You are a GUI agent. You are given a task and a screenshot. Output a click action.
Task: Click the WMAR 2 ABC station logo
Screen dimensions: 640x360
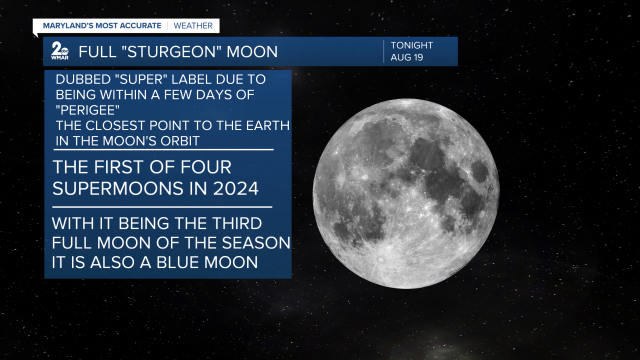59,51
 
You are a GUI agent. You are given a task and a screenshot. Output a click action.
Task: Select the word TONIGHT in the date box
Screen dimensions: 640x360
411,45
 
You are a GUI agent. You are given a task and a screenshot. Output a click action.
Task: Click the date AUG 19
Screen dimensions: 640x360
406,57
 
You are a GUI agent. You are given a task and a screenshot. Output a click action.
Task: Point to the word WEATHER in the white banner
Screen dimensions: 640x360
193,25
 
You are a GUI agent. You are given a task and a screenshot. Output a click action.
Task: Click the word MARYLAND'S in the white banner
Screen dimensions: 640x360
68,25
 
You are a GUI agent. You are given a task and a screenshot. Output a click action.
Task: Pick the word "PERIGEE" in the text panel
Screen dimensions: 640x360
87,110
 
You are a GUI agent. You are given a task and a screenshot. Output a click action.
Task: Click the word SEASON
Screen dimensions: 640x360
256,243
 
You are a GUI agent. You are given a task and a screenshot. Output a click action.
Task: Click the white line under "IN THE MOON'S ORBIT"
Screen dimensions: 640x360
163,149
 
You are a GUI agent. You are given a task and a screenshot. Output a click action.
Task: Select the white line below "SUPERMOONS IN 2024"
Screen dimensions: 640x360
162,207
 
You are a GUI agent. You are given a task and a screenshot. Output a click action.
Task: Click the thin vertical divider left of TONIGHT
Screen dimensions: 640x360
383,51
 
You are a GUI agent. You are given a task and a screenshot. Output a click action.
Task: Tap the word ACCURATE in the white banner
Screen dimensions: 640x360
140,25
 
